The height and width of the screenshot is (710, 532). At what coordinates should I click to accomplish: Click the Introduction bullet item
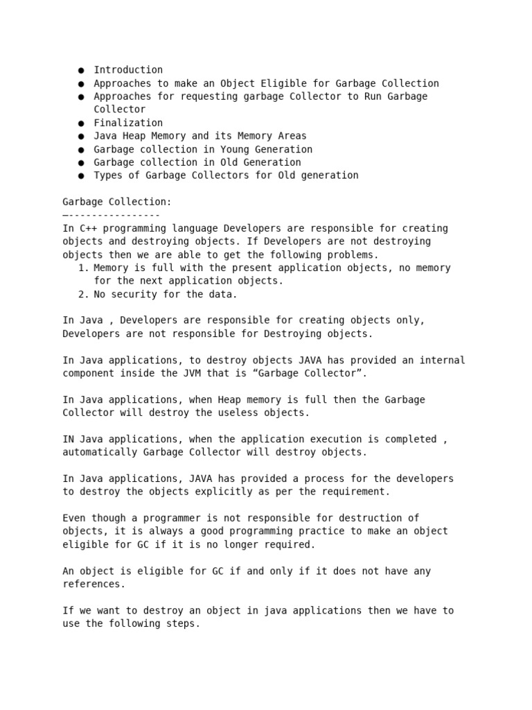[128, 70]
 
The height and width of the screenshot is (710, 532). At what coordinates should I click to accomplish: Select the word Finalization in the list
[128, 123]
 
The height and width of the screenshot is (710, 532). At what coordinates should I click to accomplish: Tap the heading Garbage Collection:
[116, 202]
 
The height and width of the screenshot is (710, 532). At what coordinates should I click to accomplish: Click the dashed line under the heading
[111, 215]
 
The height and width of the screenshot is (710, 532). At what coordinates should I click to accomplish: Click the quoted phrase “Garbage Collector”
[312, 373]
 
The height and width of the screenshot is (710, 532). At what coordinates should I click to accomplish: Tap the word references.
[94, 585]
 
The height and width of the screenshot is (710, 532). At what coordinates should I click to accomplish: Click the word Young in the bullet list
[234, 149]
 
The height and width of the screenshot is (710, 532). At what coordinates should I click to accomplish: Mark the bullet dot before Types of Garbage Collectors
[81, 176]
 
